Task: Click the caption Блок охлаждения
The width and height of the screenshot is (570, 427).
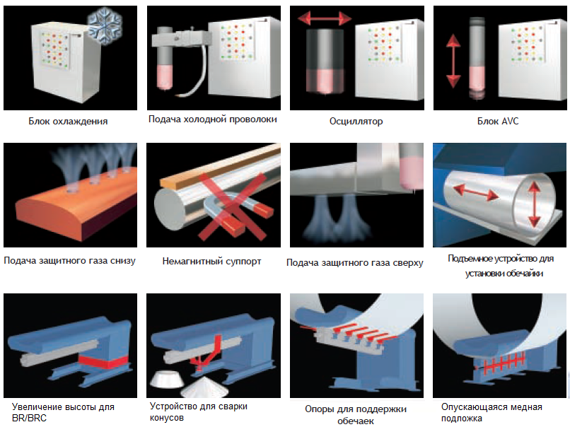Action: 69,121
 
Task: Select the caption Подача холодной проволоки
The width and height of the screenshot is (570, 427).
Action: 212,119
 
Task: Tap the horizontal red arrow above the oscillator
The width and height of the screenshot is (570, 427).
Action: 325,18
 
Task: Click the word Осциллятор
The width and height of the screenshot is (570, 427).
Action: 356,121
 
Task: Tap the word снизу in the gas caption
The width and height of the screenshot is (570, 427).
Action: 121,261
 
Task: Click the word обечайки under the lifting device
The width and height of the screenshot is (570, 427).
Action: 519,273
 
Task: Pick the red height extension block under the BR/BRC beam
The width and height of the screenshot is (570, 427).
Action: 103,360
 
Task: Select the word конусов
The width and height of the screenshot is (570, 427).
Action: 167,418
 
